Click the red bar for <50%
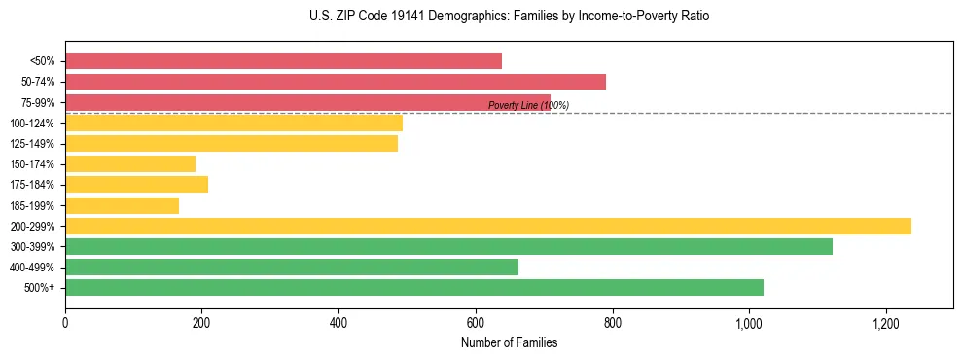(x=283, y=60)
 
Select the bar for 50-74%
(x=336, y=82)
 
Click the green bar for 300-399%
(x=448, y=246)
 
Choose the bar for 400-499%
(x=292, y=267)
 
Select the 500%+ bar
(x=414, y=287)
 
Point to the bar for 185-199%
(x=122, y=205)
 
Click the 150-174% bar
(x=130, y=163)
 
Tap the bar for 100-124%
(x=233, y=123)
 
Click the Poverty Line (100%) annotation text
(x=528, y=105)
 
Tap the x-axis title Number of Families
(x=509, y=342)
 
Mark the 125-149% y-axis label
(x=32, y=144)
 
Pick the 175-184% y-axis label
(x=32, y=185)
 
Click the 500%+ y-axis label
(x=39, y=288)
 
